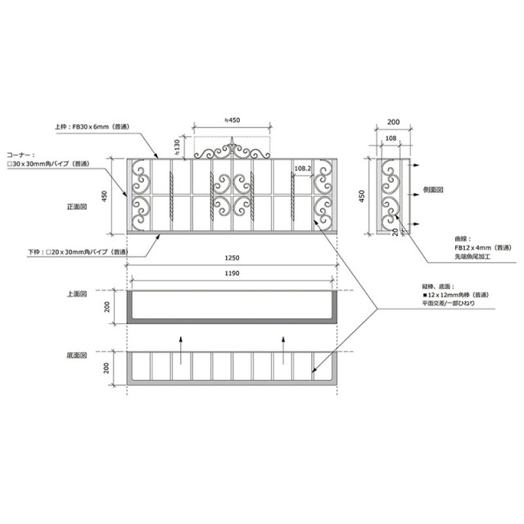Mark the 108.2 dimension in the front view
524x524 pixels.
click(x=302, y=169)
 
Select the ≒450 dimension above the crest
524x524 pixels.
click(x=233, y=120)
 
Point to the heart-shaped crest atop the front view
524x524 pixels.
click(x=233, y=150)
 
